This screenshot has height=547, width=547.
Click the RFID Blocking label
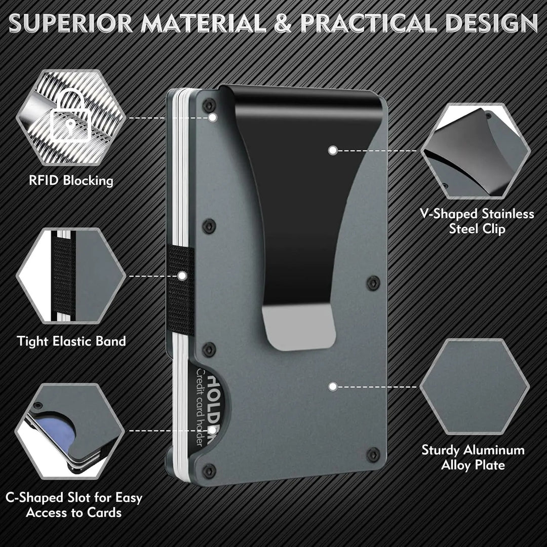[x=71, y=180]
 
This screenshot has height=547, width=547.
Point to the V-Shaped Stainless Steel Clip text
[x=477, y=221]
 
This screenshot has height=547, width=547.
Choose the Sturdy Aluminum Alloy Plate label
[x=473, y=457]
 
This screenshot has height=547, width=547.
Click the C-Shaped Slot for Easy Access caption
[x=74, y=504]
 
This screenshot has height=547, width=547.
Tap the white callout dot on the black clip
[x=332, y=150]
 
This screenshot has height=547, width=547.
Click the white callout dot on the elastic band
[x=182, y=276]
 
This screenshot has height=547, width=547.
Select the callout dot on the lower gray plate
[x=332, y=386]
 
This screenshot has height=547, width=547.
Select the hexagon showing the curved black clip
[x=475, y=151]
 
